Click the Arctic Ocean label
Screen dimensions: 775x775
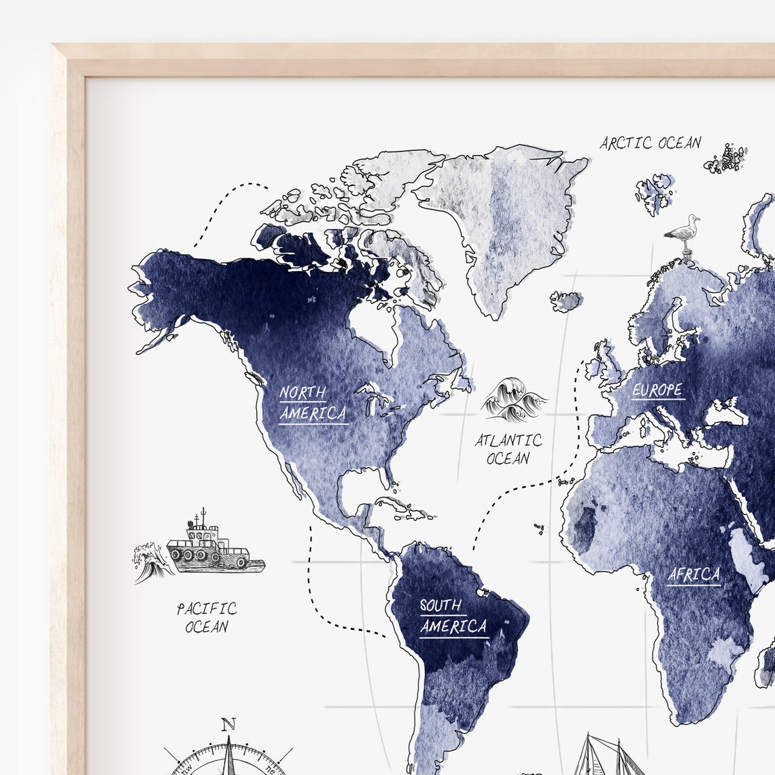(650, 143)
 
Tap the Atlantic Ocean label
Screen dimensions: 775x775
(508, 449)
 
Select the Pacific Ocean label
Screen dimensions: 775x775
(207, 617)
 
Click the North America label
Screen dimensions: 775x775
(313, 403)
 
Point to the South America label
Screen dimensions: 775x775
(453, 616)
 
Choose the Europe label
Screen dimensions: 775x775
(657, 390)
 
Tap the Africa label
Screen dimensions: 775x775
(693, 575)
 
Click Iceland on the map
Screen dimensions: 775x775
(566, 300)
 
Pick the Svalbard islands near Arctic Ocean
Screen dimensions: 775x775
(655, 192)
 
